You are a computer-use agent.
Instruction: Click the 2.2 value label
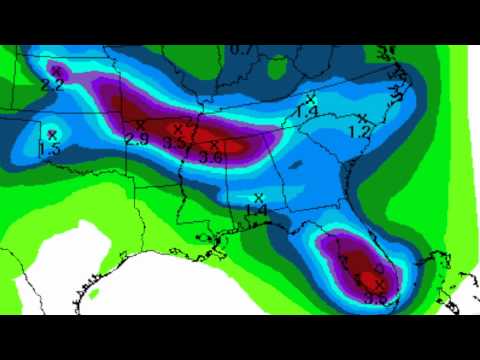click(53, 86)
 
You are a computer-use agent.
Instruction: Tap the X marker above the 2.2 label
click(57, 70)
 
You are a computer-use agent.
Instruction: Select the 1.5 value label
click(51, 149)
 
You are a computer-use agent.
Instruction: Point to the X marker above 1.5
click(52, 133)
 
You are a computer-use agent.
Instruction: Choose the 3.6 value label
click(211, 157)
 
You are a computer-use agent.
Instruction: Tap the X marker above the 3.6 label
click(215, 144)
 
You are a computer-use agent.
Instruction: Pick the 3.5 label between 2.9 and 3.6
click(175, 143)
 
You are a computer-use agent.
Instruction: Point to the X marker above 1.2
click(361, 118)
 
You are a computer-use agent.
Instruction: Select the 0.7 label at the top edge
click(241, 49)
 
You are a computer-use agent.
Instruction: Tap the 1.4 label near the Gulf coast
click(256, 212)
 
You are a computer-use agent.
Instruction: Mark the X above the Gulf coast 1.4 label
click(259, 197)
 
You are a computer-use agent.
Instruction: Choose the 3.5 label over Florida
click(376, 296)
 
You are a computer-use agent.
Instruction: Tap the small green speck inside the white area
click(94, 295)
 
